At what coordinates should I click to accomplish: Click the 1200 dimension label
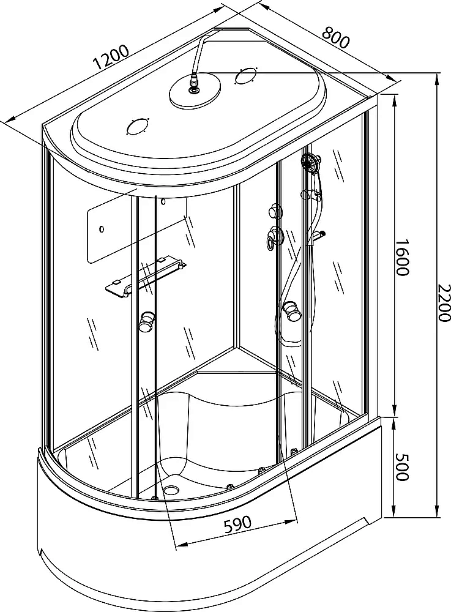pos(111,57)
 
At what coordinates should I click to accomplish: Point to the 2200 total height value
pos(443,303)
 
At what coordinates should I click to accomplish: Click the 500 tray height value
pos(402,467)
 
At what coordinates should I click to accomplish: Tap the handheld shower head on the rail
pos(311,162)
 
